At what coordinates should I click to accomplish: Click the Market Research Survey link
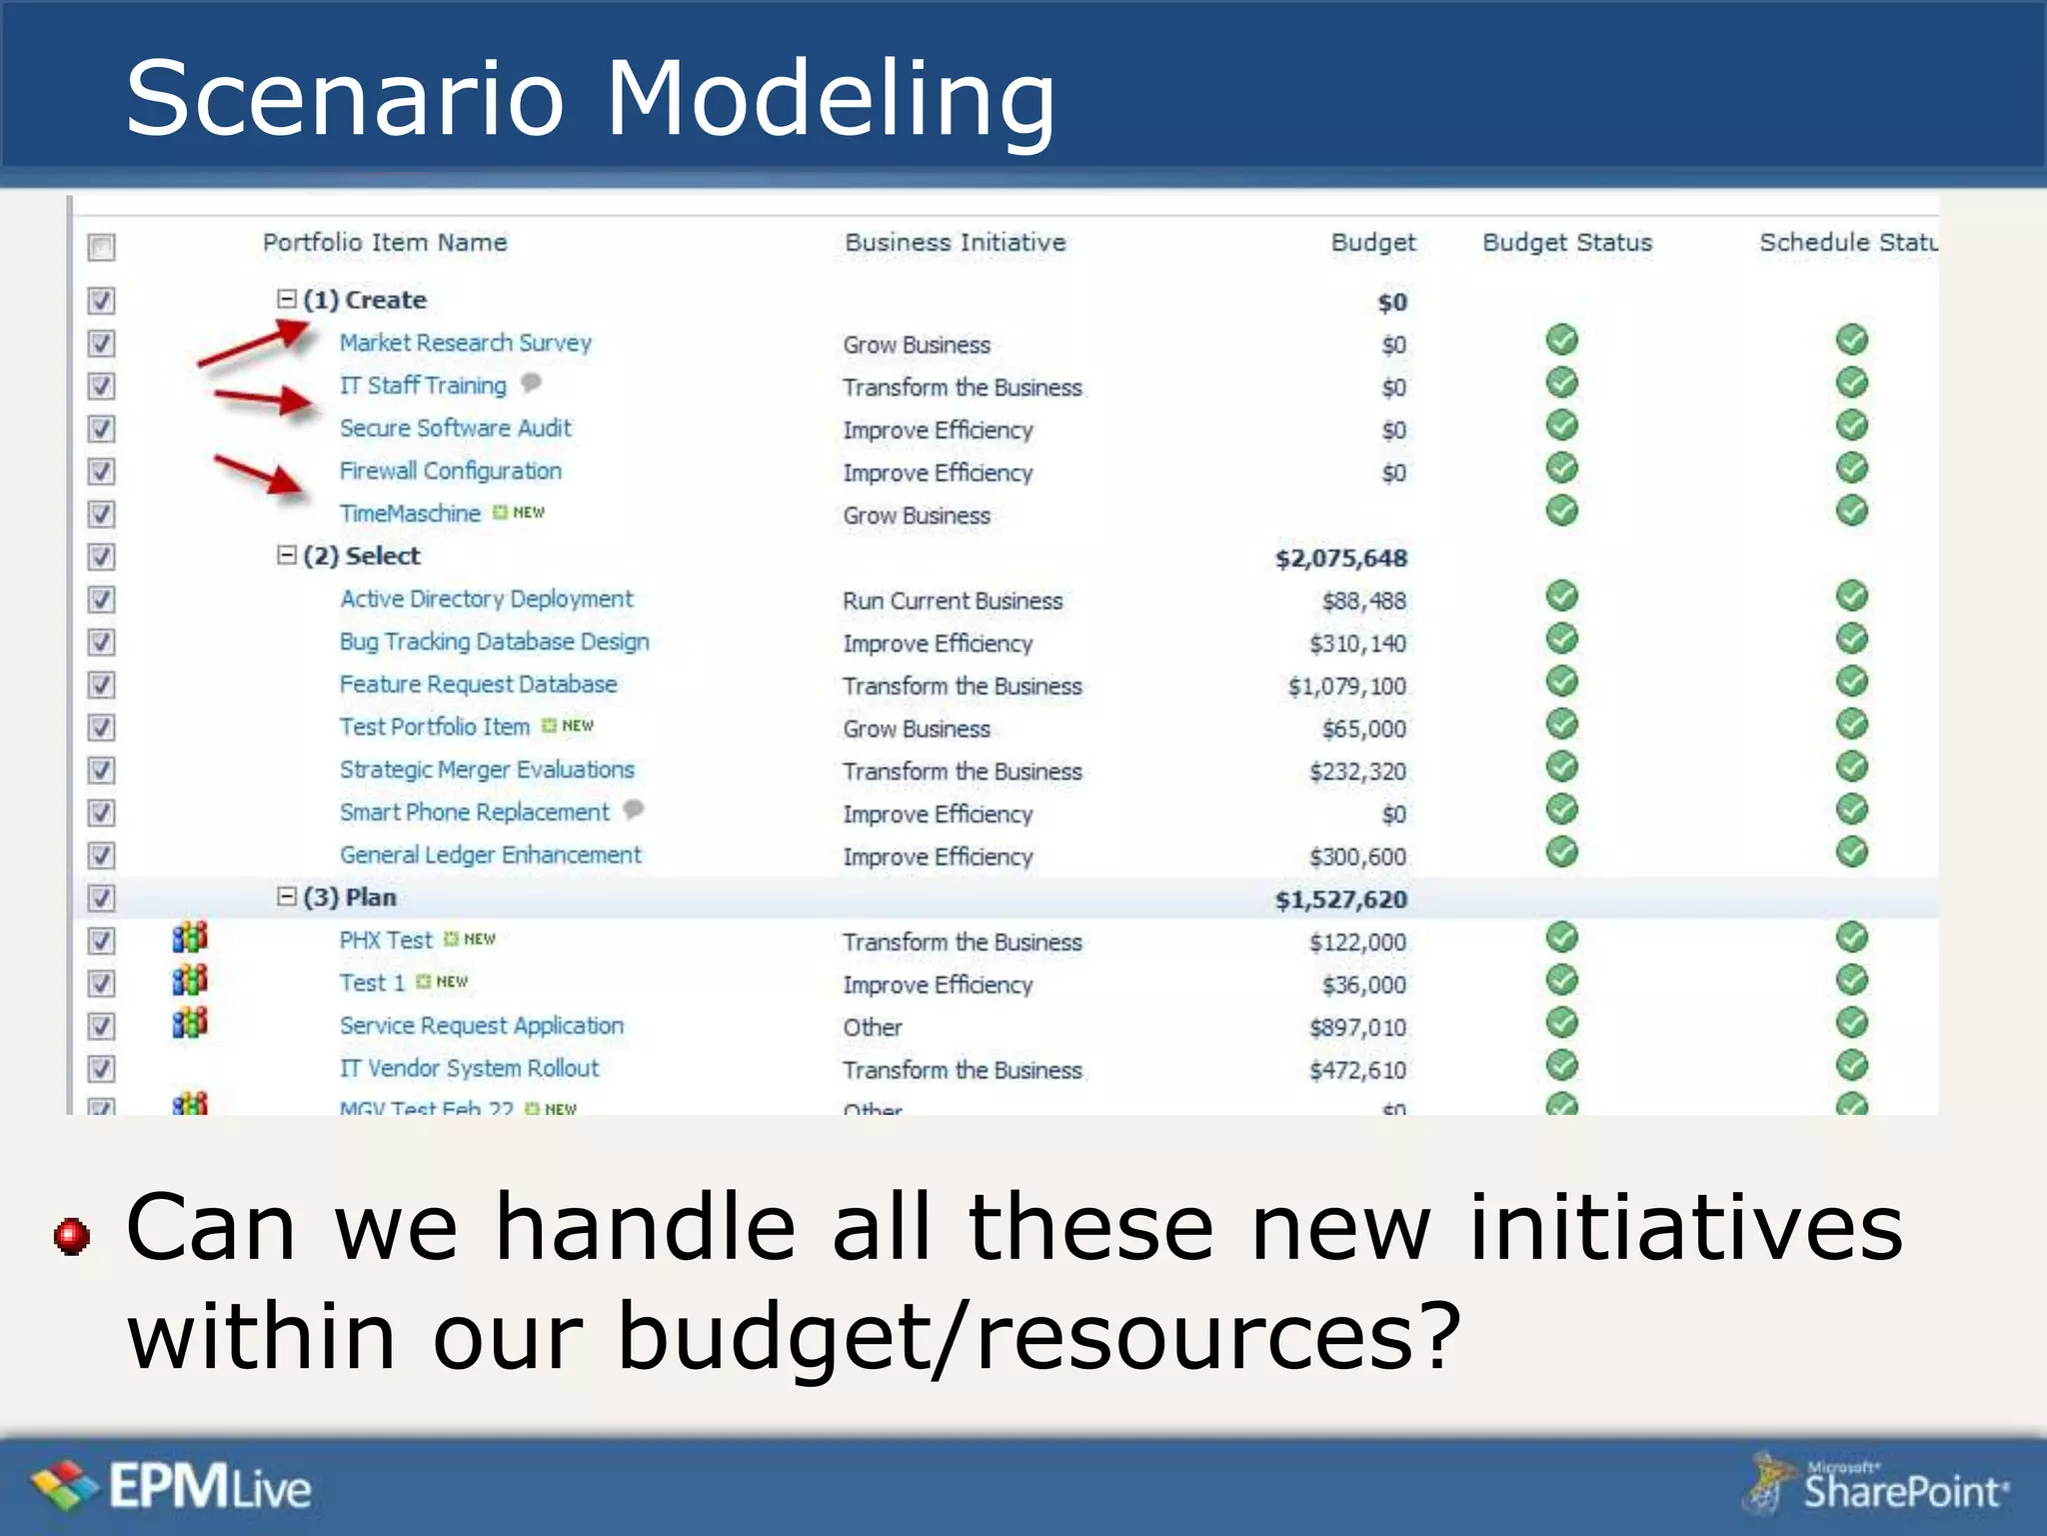[x=465, y=343]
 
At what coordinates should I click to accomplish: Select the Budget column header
[x=1372, y=243]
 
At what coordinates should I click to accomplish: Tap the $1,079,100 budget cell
[x=1346, y=687]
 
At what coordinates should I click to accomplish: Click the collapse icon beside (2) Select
[x=287, y=555]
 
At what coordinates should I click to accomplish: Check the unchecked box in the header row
[x=101, y=246]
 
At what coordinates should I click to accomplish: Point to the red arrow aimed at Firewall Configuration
[x=259, y=475]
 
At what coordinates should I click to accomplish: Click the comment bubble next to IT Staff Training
[x=531, y=382]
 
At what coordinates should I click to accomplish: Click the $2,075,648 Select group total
[x=1340, y=558]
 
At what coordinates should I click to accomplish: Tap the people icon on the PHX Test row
[x=189, y=938]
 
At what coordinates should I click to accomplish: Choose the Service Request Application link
[x=481, y=1026]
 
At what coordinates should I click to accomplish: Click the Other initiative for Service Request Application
[x=872, y=1028]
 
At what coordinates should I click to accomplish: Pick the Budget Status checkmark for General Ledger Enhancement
[x=1561, y=852]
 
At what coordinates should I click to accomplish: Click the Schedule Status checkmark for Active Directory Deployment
[x=1851, y=596]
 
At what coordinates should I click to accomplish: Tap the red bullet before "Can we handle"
[x=72, y=1236]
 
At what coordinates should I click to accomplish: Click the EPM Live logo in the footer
[x=170, y=1486]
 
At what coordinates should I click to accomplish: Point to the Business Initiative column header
[x=955, y=243]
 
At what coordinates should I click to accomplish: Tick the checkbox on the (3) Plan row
[x=101, y=898]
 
